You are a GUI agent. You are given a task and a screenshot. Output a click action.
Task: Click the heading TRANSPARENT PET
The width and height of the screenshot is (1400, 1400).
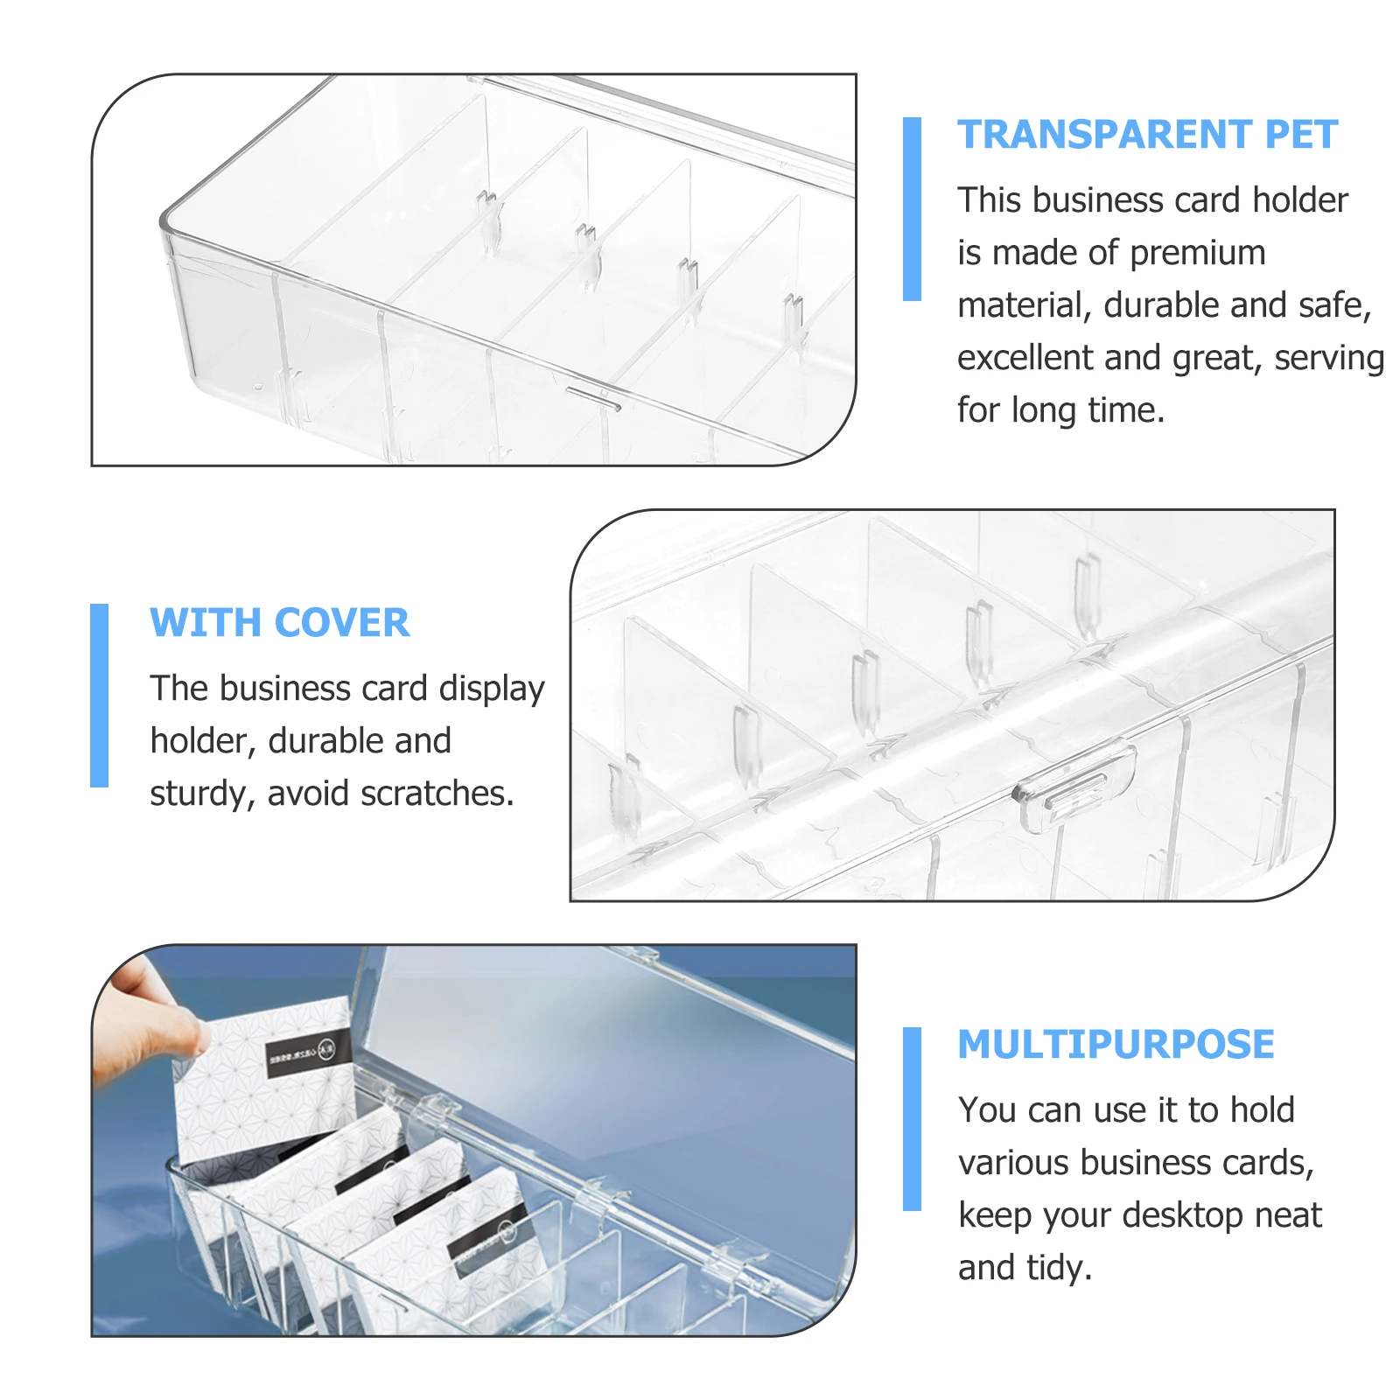(x=1146, y=135)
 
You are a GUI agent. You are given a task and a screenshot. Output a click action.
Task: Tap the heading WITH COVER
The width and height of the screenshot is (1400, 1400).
(x=279, y=623)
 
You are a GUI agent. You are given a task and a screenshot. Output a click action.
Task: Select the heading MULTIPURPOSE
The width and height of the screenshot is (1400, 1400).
(x=1116, y=1044)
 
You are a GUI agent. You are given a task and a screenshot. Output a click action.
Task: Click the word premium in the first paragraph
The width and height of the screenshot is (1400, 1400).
(x=1197, y=254)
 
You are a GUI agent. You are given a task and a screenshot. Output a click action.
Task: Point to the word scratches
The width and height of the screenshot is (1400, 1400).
(x=437, y=794)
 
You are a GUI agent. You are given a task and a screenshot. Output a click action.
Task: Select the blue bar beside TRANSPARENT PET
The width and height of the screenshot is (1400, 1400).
(x=912, y=208)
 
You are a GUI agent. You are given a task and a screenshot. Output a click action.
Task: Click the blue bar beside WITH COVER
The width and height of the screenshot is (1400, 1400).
(x=99, y=695)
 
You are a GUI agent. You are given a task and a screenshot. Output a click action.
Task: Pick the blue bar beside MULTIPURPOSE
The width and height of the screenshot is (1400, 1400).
(x=912, y=1118)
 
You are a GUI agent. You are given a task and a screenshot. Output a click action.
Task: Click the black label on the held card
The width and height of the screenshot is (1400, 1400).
(x=308, y=1053)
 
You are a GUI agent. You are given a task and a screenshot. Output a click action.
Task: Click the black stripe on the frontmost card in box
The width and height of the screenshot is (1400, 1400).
(x=487, y=1234)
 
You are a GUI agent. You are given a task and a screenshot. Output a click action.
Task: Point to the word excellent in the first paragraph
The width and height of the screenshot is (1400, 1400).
(x=1025, y=358)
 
